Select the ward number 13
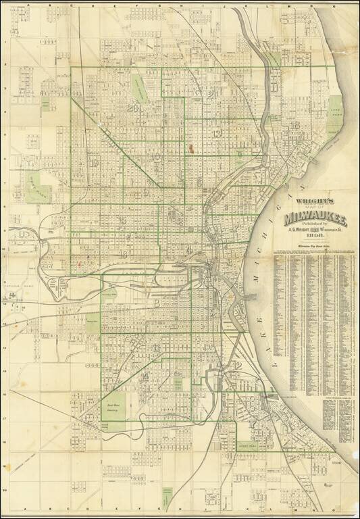(216, 134)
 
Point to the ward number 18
(294, 125)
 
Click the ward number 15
(122, 220)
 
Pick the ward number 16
(124, 254)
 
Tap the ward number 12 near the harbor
(236, 366)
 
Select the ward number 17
(252, 424)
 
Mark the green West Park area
(36, 184)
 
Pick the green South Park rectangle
(247, 447)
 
